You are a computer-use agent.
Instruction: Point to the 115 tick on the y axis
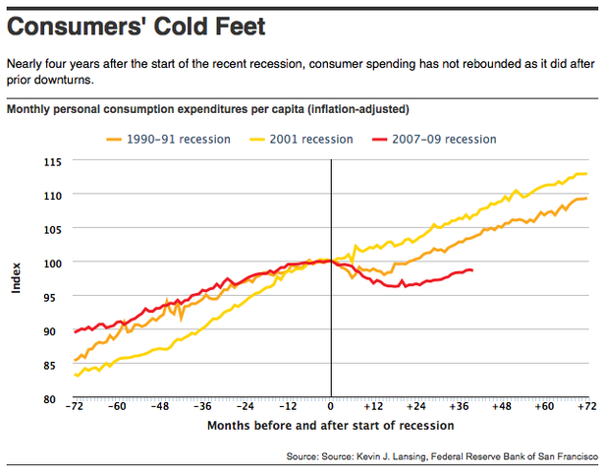coord(52,161)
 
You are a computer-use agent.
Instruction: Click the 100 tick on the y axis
coord(52,264)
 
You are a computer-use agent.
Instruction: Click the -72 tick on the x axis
coord(75,406)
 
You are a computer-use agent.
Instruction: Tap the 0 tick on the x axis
coord(331,406)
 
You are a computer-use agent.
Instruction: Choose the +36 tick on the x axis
coord(459,406)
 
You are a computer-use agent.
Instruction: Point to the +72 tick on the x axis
coord(586,406)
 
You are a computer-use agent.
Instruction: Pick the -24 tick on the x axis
coord(246,406)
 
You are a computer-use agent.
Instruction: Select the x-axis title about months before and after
coord(331,425)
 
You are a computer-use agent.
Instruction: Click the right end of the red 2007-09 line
coord(472,270)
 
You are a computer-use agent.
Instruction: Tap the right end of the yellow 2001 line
coord(586,174)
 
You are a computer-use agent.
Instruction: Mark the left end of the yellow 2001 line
coord(76,375)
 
